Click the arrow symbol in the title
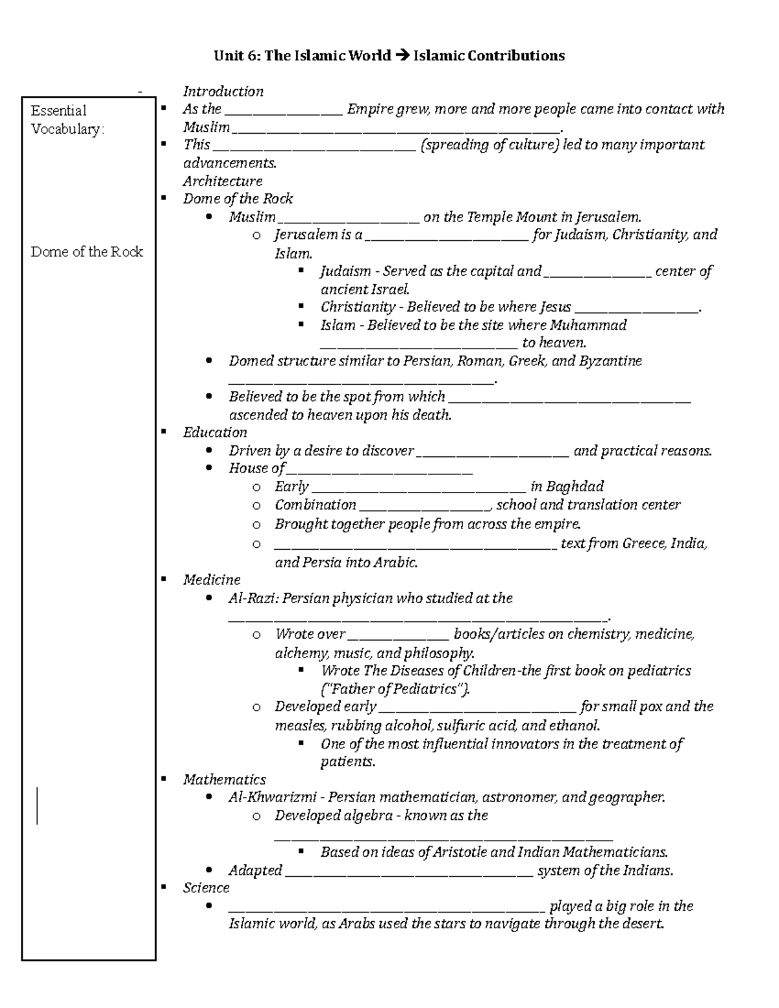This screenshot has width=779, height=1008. coord(402,56)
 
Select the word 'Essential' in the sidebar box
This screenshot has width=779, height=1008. coord(58,110)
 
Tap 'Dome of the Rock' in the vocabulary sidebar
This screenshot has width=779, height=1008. coord(86,252)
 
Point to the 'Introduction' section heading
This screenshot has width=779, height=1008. coord(223,92)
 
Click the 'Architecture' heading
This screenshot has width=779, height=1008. coord(222,181)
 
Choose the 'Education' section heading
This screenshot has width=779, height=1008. coord(215,432)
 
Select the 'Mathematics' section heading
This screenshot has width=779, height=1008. coord(224,780)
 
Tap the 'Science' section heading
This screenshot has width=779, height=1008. coord(206,888)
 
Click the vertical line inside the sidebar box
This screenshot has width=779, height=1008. coord(38,805)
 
